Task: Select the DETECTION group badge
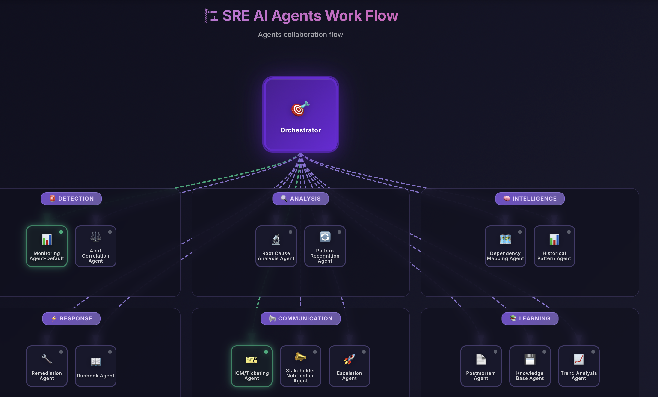(x=71, y=199)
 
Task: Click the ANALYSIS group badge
(x=300, y=199)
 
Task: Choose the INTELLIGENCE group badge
(x=530, y=199)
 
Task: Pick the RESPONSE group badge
(x=71, y=319)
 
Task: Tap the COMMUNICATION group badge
(x=300, y=319)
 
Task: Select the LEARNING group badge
(x=530, y=319)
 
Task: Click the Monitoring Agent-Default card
(x=47, y=246)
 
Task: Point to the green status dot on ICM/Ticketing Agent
(x=266, y=352)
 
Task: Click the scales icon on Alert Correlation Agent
(x=96, y=237)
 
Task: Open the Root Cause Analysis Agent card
(x=276, y=246)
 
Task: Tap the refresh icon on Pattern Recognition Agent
(x=325, y=237)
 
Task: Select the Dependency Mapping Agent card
(x=505, y=246)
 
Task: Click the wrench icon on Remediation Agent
(x=47, y=359)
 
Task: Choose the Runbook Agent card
(x=96, y=366)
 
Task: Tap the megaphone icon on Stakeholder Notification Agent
(x=300, y=357)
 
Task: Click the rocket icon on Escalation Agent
(x=349, y=359)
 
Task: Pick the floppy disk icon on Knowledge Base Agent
(x=530, y=359)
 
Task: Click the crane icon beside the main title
(x=210, y=15)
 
